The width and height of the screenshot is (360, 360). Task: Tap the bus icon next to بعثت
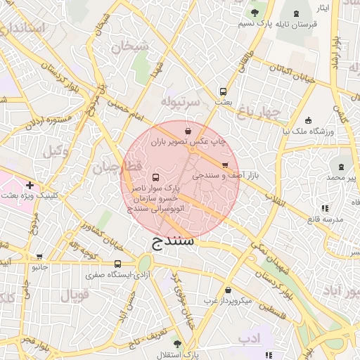click(223, 91)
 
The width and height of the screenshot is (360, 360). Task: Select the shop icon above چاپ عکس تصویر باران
click(187, 131)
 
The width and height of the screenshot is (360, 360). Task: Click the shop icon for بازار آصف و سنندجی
click(224, 165)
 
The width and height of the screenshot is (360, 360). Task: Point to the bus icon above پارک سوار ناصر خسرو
click(155, 177)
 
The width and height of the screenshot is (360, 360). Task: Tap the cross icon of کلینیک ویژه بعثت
click(29, 185)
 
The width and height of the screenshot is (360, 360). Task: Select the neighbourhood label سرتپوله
click(181, 101)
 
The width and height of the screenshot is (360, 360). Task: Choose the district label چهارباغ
click(259, 111)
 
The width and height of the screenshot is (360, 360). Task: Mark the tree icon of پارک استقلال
click(176, 343)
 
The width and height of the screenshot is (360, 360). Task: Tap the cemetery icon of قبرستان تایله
click(295, 13)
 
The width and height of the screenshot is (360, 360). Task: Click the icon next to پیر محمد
click(341, 167)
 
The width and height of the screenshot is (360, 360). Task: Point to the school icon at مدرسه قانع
click(324, 208)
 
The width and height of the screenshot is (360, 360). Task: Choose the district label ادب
click(248, 339)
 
